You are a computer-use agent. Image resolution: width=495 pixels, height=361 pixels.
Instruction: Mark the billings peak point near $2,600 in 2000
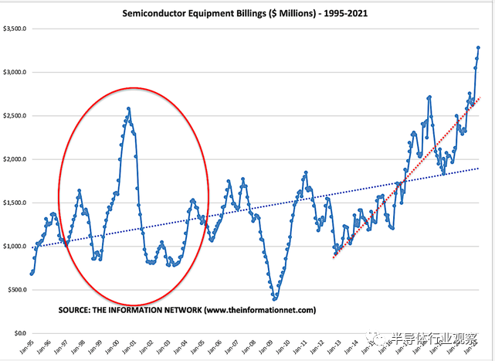click(128, 108)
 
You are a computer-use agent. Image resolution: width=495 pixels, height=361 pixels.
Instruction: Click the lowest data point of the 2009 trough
click(274, 299)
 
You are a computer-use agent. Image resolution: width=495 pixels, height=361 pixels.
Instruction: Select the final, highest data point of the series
click(478, 48)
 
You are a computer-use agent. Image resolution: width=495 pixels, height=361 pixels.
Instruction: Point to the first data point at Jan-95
click(32, 274)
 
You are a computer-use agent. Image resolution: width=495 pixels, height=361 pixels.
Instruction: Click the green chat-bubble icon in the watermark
click(375, 338)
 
